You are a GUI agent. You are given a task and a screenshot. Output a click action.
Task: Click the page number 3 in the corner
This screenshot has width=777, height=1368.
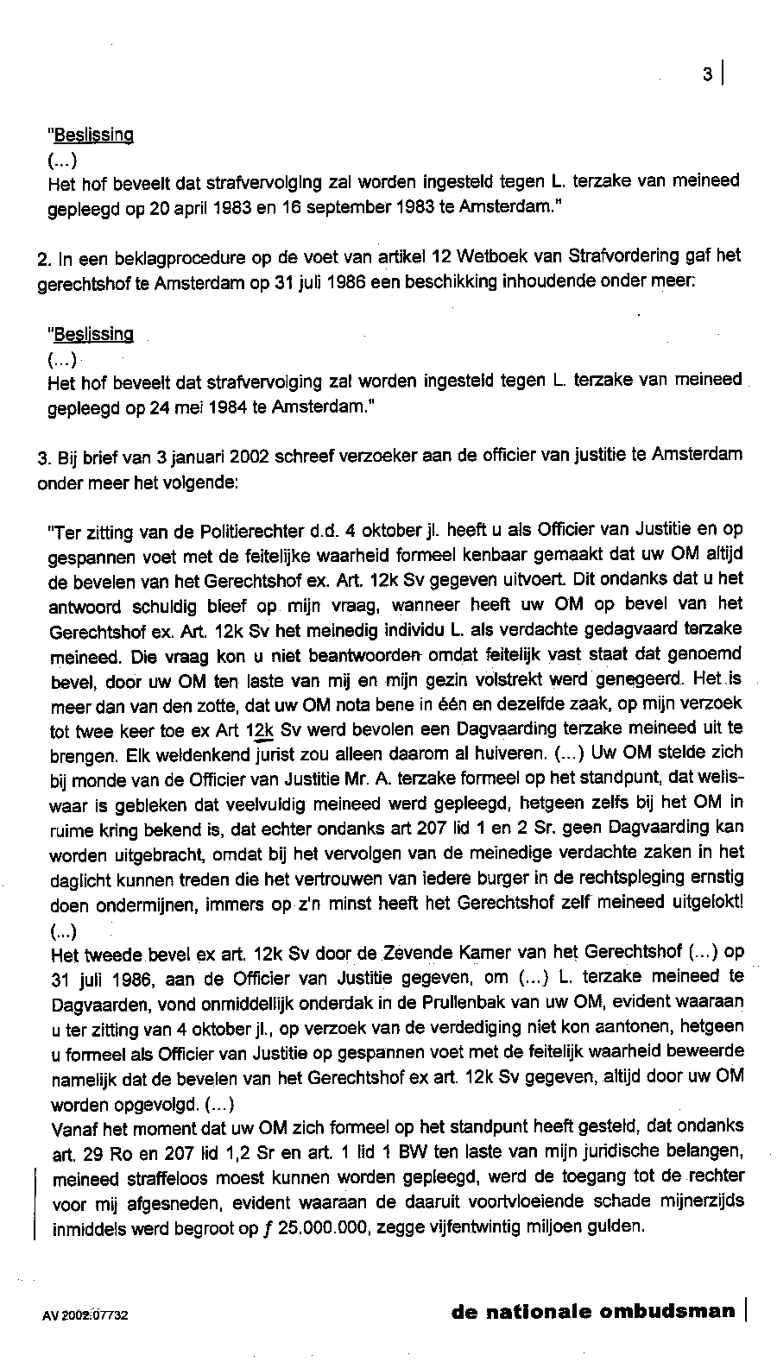[x=707, y=75]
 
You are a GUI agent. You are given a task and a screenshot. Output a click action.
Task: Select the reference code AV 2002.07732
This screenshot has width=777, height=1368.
[x=85, y=1316]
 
